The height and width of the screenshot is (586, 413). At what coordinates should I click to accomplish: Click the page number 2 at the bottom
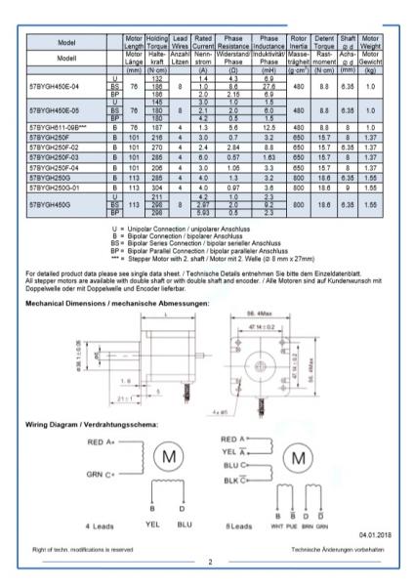point(209,563)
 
